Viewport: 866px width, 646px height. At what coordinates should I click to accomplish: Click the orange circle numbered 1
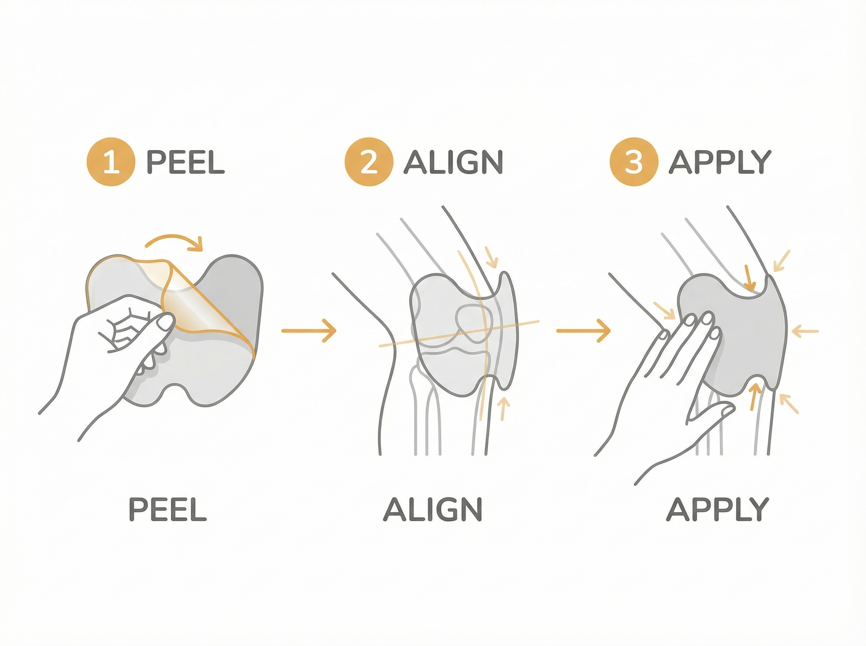coord(111,162)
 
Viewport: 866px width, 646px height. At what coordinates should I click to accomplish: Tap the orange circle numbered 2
coord(368,162)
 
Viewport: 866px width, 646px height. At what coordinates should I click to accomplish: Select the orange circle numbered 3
coord(634,162)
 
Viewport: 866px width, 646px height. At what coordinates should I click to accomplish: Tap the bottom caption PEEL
coord(167,509)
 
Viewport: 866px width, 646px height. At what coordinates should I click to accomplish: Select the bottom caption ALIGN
coord(432,509)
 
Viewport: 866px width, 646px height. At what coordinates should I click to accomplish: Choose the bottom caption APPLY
coord(717,509)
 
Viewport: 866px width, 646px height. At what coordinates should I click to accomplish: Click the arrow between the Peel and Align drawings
coord(309,331)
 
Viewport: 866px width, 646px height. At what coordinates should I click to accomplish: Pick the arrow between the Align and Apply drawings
coord(583,331)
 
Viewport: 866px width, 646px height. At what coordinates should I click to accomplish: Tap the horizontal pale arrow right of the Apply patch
coord(805,331)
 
